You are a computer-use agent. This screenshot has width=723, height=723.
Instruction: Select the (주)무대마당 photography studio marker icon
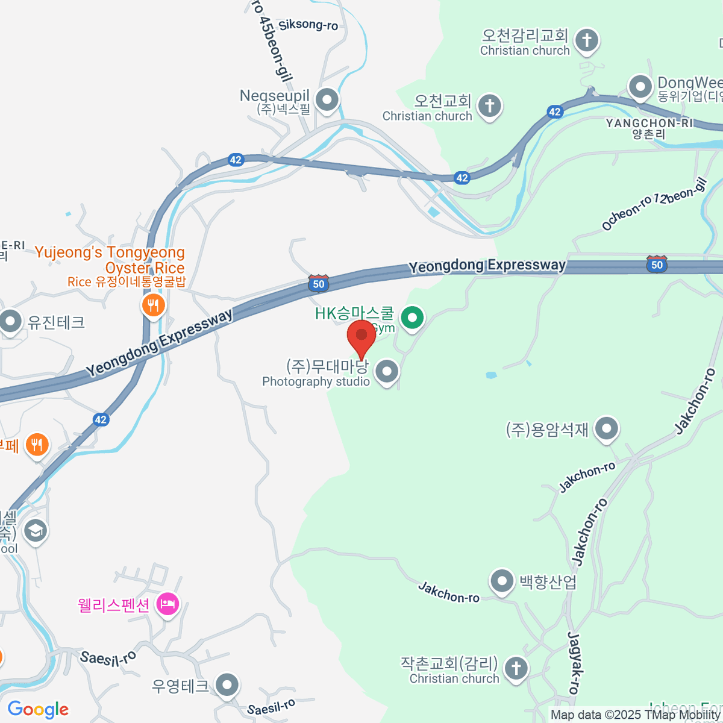click(387, 371)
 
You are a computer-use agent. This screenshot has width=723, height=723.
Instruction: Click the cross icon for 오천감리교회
click(586, 41)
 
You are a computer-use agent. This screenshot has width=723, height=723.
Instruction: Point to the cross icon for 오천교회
click(489, 107)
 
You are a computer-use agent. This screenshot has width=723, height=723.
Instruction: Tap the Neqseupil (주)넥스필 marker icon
click(327, 100)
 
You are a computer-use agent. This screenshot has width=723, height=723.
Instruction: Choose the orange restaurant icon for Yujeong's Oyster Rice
click(154, 305)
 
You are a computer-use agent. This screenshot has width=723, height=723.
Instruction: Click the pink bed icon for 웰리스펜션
click(167, 604)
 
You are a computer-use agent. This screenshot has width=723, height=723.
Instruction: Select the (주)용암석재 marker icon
click(607, 430)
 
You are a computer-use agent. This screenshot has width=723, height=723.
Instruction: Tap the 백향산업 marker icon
click(501, 582)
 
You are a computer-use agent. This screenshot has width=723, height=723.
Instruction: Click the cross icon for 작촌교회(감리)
click(516, 668)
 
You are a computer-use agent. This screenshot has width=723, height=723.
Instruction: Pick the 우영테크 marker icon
click(227, 686)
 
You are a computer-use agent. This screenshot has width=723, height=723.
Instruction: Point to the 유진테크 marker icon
click(11, 322)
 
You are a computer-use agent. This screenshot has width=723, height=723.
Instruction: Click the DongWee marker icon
click(640, 87)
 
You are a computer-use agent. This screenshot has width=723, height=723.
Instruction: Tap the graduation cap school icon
click(36, 531)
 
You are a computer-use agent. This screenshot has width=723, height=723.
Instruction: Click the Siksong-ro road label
click(308, 25)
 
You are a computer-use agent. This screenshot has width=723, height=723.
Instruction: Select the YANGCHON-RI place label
click(649, 123)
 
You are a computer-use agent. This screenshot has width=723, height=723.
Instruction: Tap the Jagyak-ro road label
click(575, 663)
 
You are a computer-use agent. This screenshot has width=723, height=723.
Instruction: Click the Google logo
click(38, 709)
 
